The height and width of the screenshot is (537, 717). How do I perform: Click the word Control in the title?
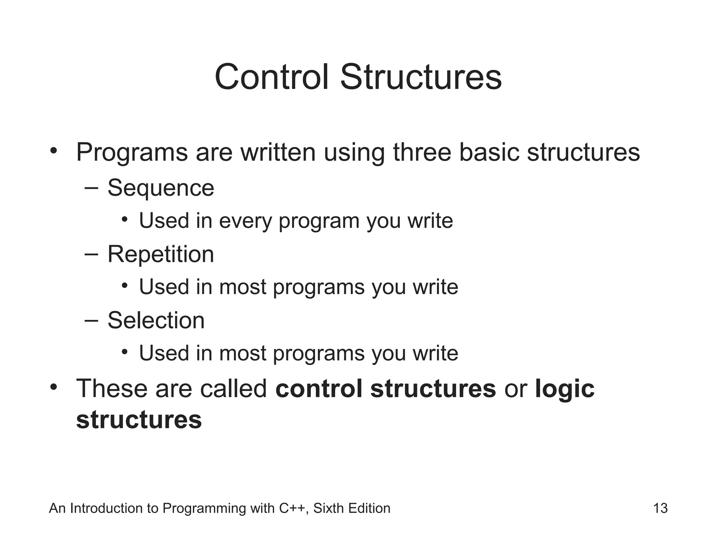[272, 77]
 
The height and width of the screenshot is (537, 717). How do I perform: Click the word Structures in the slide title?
[421, 77]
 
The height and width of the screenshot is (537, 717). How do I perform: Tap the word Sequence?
[161, 188]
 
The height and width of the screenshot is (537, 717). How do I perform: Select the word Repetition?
[161, 255]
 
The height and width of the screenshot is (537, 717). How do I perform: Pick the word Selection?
[156, 320]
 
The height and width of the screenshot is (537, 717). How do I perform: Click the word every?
[245, 221]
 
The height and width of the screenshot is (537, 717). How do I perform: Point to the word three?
[422, 152]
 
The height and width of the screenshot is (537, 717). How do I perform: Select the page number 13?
[660, 508]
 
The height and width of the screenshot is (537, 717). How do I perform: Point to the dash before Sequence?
[91, 188]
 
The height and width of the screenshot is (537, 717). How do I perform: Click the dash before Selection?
[91, 320]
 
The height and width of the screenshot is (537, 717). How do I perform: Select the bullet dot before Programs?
[53, 151]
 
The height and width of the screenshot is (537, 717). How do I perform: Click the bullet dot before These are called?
[53, 387]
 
